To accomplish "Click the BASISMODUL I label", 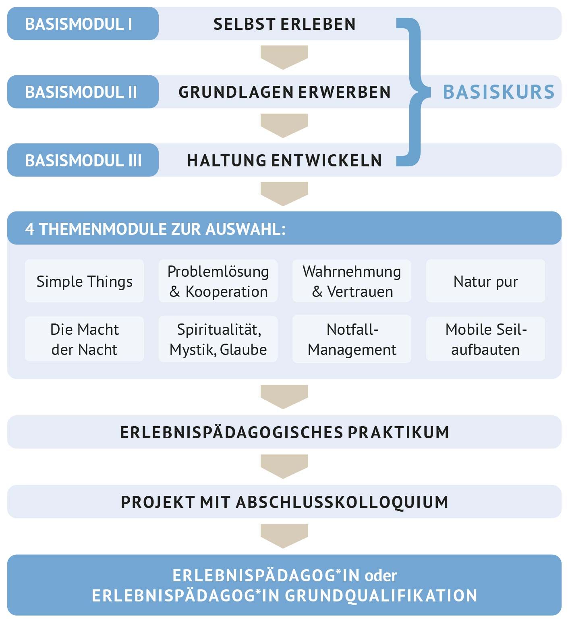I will coord(79,24).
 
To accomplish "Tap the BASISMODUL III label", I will coord(83,161).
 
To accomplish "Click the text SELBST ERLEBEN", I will coord(284,24).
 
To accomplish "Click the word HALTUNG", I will coord(226,161).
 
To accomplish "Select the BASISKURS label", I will coord(499,92).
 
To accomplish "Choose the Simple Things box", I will coord(84,281).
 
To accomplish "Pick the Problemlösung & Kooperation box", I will coord(218,281).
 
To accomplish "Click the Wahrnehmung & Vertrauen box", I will coord(352,281).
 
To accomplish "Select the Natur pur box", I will coord(485,281).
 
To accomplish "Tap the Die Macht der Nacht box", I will coord(84,339).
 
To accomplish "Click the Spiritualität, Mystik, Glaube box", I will coord(218,339).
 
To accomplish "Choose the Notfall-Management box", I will coord(352,339).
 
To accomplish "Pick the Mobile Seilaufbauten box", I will coord(485,339).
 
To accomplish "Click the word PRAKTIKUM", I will coord(398,432).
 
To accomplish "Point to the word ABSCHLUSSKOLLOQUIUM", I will coord(342,502).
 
